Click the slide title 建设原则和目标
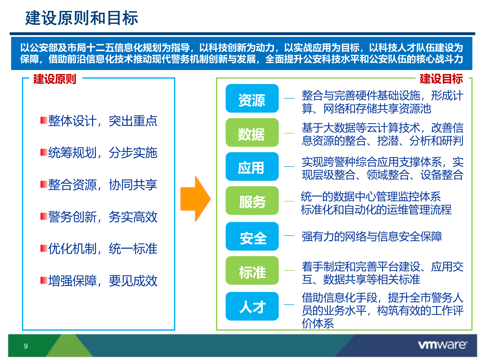click(x=82, y=18)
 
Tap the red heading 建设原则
click(x=55, y=79)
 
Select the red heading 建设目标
click(x=441, y=79)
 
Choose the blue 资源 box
click(x=252, y=99)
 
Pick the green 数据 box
click(x=252, y=133)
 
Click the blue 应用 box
click(x=252, y=167)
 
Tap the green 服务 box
click(x=252, y=201)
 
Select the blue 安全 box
click(x=252, y=237)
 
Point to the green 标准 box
click(x=252, y=271)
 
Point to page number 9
click(x=26, y=346)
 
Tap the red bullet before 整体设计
click(x=44, y=120)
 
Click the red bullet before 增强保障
click(x=44, y=280)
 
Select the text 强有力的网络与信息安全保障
click(x=372, y=237)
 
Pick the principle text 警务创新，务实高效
click(x=103, y=217)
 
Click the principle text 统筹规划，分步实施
click(x=103, y=153)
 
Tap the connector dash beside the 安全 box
click(x=289, y=236)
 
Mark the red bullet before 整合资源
click(x=44, y=184)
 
